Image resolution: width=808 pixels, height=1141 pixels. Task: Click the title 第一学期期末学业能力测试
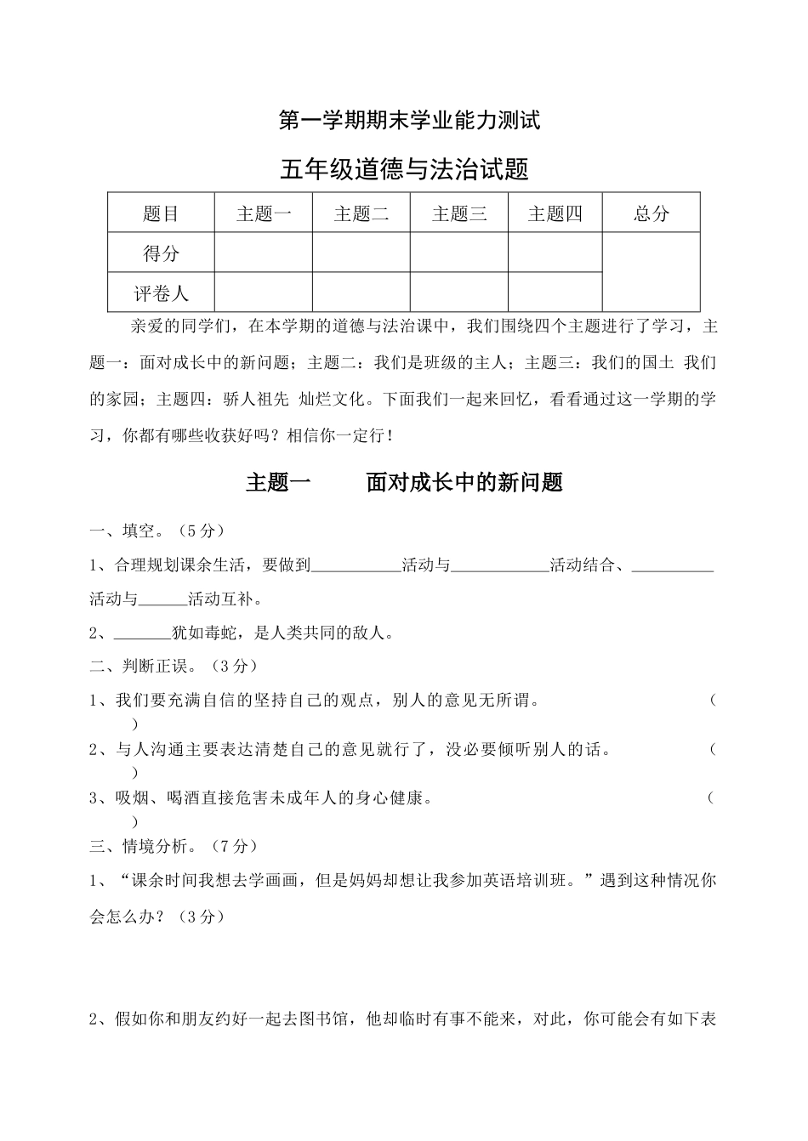pos(410,122)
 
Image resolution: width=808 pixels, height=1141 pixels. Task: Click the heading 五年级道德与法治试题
pos(404,170)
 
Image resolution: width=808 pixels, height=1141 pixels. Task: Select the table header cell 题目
pos(161,213)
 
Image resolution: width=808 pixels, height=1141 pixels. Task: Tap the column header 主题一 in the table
pos(264,213)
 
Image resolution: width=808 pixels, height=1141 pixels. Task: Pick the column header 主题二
pos(361,213)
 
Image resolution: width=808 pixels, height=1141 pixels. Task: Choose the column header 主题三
pos(459,213)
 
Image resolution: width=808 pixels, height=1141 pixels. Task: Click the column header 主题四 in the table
pos(555,213)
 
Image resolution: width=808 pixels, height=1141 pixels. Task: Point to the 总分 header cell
pos(652,213)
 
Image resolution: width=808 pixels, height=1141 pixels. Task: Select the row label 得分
pos(161,253)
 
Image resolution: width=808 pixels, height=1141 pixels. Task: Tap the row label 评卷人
pos(161,293)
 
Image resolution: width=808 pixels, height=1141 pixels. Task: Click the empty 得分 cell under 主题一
pos(264,253)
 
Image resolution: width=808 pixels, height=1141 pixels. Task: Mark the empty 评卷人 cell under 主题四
pos(555,292)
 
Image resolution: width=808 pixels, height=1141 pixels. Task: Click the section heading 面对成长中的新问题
pos(464,483)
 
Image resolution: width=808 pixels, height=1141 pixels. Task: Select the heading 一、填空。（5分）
pos(157,531)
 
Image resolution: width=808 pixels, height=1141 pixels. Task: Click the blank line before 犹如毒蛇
pos(142,633)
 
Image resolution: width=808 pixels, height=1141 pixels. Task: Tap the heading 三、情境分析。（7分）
pos(174,846)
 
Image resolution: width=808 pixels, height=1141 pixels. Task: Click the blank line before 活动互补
pos(162,599)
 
